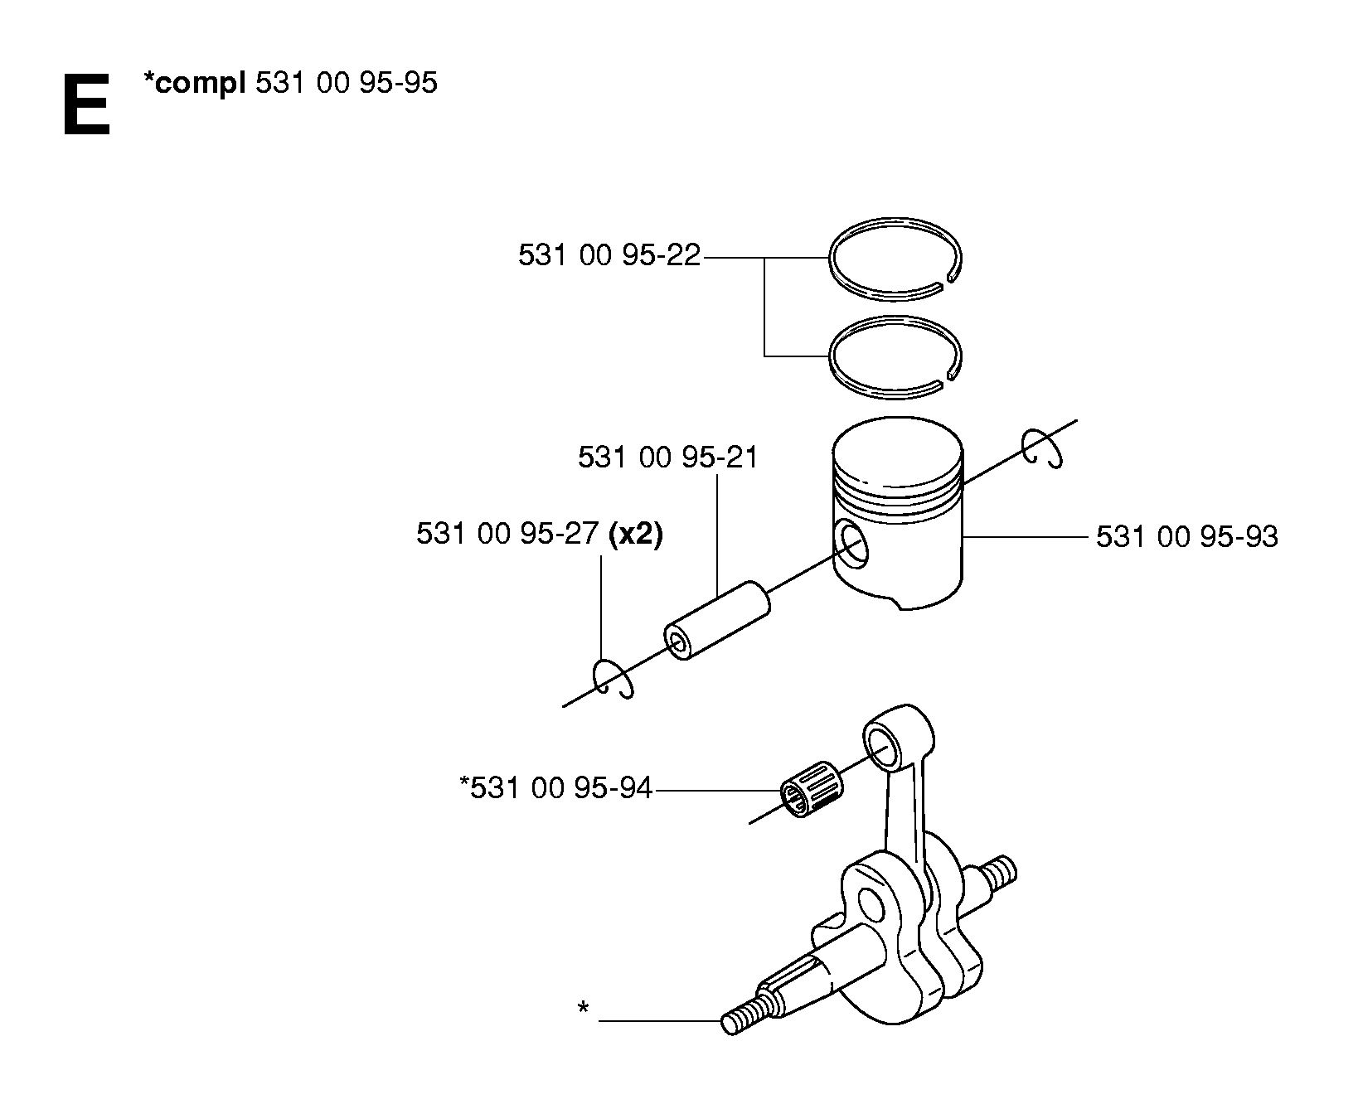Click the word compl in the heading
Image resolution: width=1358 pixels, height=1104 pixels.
[199, 85]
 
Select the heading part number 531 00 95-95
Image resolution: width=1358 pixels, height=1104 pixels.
[347, 83]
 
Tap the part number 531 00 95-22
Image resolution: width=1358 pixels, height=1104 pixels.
[609, 254]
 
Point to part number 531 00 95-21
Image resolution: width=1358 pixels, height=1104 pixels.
[668, 457]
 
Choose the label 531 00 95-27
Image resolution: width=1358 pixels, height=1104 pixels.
[507, 535]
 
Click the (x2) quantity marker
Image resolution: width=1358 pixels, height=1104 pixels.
[636, 535]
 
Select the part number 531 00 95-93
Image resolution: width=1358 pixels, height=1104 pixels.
[1187, 537]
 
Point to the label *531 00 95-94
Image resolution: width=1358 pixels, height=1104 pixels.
[555, 787]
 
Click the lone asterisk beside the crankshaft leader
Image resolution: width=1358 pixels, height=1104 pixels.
[584, 1009]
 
